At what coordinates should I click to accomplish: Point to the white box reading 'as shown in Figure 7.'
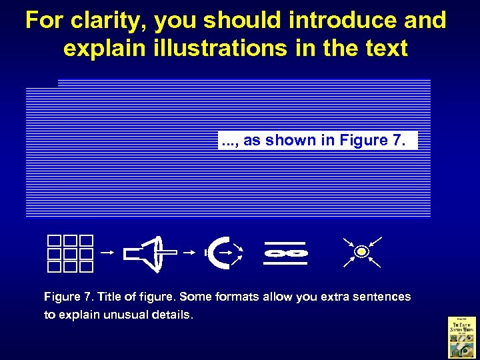(x=317, y=140)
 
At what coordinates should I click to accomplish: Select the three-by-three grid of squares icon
(x=70, y=254)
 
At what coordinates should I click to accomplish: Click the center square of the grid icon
(x=70, y=254)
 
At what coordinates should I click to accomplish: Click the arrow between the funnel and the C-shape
(x=190, y=253)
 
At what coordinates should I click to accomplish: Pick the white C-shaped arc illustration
(x=220, y=252)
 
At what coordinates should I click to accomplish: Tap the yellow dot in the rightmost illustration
(x=361, y=252)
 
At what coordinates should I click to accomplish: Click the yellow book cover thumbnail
(x=461, y=336)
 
